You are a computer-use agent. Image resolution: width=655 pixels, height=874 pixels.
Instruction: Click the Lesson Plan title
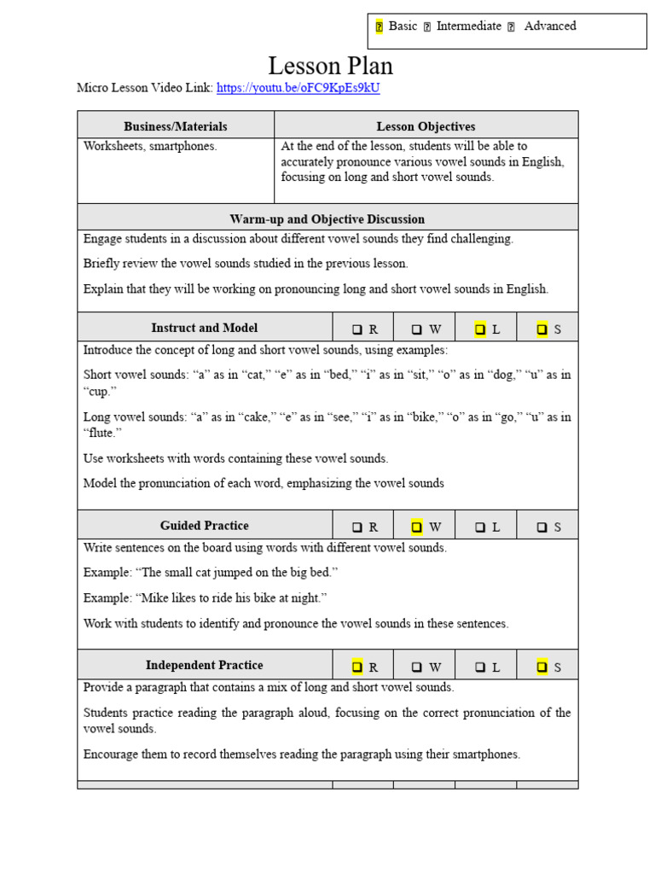coord(330,66)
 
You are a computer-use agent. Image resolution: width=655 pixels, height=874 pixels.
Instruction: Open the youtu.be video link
coord(298,88)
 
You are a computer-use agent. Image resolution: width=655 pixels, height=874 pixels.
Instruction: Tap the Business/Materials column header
coord(176,126)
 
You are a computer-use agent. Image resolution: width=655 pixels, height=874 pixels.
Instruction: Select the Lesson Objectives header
coord(426,126)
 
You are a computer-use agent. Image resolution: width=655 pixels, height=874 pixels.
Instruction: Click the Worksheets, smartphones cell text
coord(150,146)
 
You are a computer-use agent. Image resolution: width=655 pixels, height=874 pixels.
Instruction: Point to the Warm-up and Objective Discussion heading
coord(327,219)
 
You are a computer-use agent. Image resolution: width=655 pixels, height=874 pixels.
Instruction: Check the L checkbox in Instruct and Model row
coord(480,329)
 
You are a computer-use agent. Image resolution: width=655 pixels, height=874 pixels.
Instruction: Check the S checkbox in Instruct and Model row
coord(542,329)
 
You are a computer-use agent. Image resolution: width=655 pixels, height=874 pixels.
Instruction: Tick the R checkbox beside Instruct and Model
coord(357,329)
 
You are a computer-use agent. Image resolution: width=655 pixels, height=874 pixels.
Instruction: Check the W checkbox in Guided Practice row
coord(417,527)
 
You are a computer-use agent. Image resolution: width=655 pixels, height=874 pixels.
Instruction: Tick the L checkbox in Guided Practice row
coord(480,527)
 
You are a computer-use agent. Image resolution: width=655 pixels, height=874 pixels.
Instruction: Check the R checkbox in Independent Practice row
coord(357,667)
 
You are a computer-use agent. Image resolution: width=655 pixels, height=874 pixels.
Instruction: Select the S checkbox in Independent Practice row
coord(542,667)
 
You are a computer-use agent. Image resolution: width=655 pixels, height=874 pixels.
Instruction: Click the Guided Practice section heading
coord(205,526)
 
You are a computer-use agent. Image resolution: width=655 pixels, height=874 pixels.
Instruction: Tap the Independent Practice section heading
coord(205,665)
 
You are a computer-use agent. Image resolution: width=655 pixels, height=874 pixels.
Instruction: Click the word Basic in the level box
coord(403,26)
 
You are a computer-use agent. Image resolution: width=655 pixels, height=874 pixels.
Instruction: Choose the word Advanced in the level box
coord(550,26)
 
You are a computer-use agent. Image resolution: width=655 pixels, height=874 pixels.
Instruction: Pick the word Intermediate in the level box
coord(468,26)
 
